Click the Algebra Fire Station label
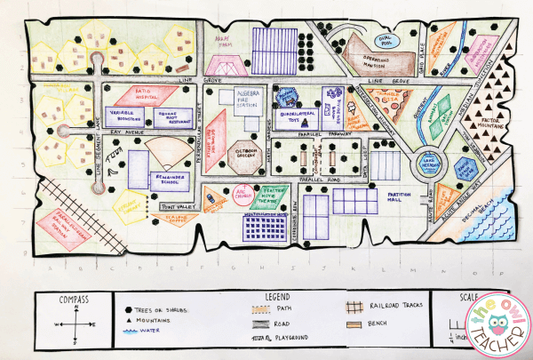[246, 98]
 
